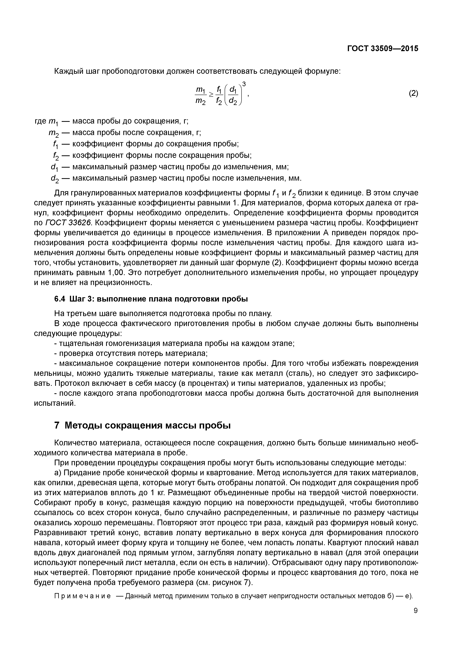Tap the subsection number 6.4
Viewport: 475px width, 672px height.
(60, 299)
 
